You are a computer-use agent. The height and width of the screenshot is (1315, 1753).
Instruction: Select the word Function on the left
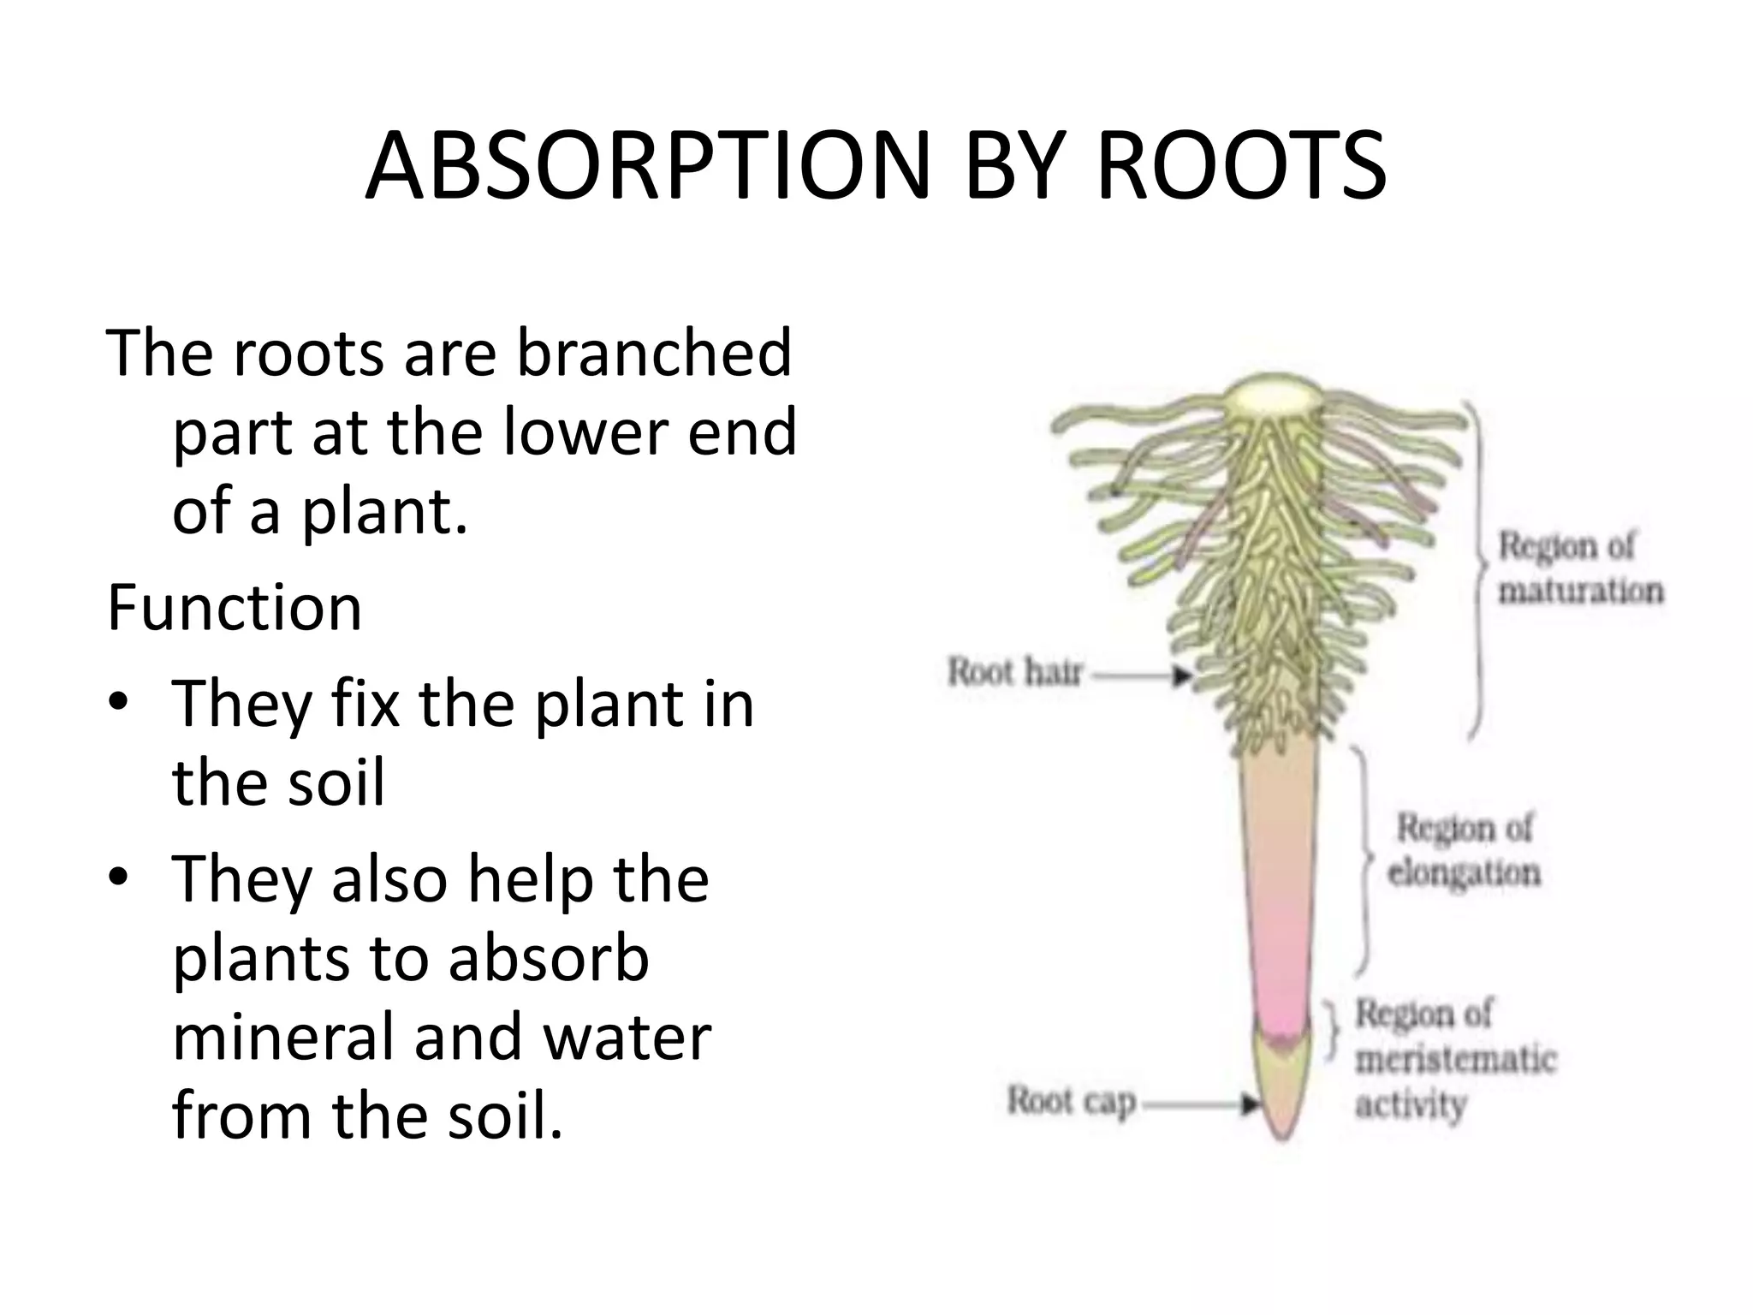235,608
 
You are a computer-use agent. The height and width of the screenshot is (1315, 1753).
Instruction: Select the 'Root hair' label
1015,672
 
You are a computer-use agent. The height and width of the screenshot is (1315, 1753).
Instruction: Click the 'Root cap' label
1071,1102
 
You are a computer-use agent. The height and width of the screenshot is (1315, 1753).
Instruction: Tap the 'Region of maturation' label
1580,568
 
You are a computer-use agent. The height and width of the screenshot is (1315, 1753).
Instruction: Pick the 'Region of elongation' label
1464,851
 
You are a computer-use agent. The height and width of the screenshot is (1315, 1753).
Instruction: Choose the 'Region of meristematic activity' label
1455,1059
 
